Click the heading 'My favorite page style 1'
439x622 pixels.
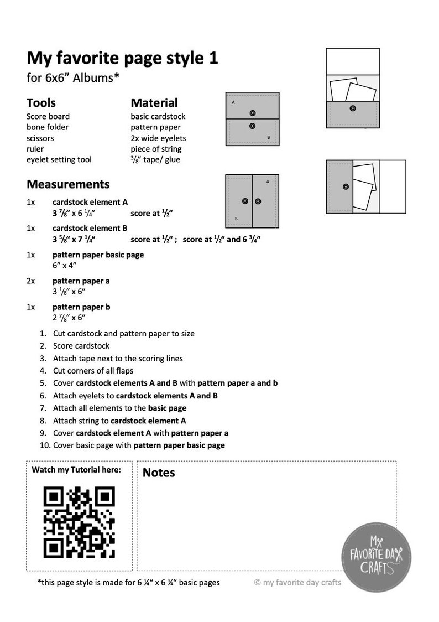[122, 58]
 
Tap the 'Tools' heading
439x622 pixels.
[41, 103]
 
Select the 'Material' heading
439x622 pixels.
[154, 103]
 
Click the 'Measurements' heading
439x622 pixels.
[68, 184]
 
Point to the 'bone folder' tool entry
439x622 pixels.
[48, 127]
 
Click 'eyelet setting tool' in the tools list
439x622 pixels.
[59, 159]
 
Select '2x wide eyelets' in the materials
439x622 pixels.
[158, 138]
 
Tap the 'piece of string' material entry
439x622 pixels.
[156, 149]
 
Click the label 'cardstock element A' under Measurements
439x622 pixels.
[90, 202]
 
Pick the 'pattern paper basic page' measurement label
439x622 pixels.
[98, 255]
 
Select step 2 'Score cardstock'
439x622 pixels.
[81, 346]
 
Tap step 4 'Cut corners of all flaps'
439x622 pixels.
[93, 370]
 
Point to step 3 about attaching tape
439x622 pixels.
[118, 358]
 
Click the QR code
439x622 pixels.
[79, 522]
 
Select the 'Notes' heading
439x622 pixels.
[159, 473]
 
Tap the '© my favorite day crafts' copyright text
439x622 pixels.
[297, 582]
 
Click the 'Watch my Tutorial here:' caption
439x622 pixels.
[76, 470]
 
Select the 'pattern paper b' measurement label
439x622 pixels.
[81, 307]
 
